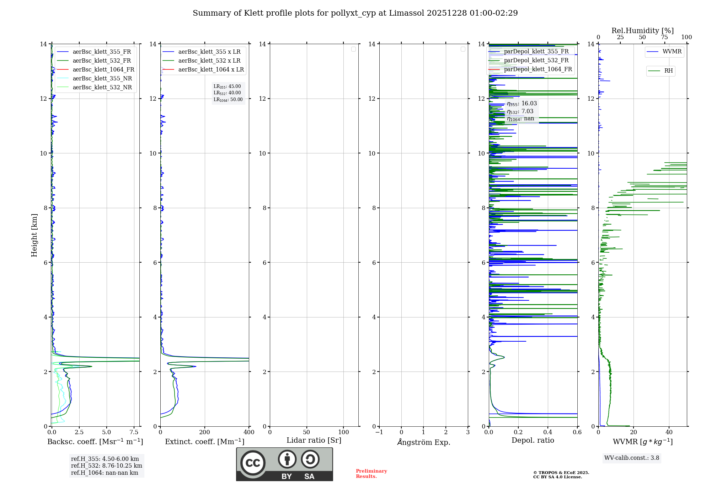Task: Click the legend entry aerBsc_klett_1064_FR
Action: (x=103, y=70)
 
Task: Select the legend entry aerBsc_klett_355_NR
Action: (x=102, y=79)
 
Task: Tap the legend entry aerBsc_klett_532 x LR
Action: (x=209, y=61)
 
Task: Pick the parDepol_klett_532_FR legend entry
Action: (x=536, y=60)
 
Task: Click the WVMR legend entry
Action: (x=672, y=52)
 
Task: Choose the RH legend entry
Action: (x=668, y=71)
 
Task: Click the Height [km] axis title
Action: (x=34, y=235)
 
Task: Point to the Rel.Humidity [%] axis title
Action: (x=642, y=31)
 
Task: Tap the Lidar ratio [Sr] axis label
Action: (x=314, y=441)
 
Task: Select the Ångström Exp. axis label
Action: (x=423, y=442)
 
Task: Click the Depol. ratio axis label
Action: (x=533, y=441)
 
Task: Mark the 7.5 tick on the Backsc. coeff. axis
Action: (x=134, y=432)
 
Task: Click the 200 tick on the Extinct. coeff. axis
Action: (x=204, y=432)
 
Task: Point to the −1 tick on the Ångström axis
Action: (x=379, y=432)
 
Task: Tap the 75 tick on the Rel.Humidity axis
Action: (x=664, y=37)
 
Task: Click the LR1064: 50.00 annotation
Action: (x=228, y=100)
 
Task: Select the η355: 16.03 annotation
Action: (x=522, y=104)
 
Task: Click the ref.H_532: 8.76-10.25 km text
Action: (x=106, y=466)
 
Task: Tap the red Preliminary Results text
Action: (x=371, y=474)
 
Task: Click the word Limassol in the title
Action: (x=406, y=13)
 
